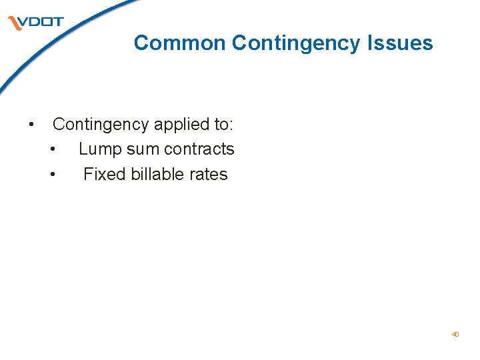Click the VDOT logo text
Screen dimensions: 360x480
[40, 22]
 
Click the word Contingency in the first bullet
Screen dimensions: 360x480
[101, 125]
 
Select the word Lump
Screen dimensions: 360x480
[97, 149]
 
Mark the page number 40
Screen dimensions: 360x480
[455, 334]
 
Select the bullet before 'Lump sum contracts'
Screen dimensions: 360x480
[53, 150]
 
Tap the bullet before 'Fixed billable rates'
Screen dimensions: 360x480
[53, 175]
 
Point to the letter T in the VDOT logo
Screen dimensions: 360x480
[57, 22]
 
